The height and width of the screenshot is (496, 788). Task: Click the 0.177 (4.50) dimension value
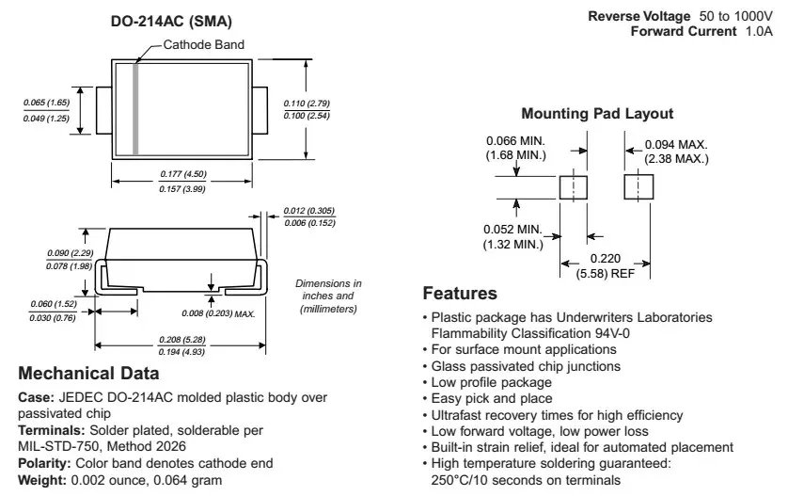183,174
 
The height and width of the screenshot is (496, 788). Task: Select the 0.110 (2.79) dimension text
307,103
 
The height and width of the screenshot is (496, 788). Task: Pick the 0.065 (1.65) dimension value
45,101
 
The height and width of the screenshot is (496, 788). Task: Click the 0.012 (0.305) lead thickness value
309,210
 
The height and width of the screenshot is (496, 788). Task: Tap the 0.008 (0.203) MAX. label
219,312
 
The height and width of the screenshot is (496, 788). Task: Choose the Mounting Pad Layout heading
597,114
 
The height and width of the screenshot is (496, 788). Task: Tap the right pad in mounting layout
638,186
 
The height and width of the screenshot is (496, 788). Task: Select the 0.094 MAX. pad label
676,145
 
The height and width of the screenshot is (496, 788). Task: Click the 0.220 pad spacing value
605,259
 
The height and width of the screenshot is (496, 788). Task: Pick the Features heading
460,294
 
